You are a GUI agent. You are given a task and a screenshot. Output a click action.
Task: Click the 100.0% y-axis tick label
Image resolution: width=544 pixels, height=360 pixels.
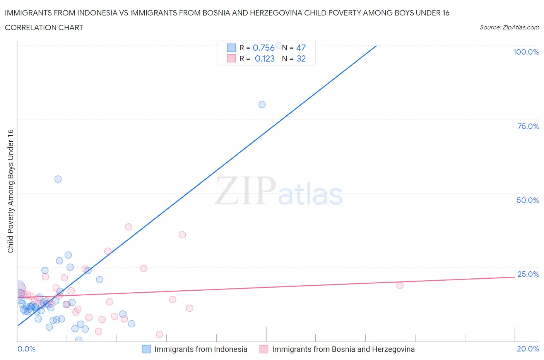(526, 52)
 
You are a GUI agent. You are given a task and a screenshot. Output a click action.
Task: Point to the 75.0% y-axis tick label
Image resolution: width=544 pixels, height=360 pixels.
(528, 126)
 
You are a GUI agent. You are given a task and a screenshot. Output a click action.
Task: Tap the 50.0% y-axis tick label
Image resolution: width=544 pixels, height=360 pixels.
(528, 200)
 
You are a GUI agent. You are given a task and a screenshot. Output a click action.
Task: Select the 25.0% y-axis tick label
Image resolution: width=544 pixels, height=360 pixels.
(528, 274)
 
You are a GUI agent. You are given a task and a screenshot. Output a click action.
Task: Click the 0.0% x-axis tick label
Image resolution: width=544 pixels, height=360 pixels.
(26, 349)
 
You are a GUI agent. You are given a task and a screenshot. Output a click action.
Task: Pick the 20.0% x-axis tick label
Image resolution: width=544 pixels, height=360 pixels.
(528, 349)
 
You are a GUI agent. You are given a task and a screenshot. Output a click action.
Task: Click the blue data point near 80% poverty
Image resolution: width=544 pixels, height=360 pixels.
(262, 105)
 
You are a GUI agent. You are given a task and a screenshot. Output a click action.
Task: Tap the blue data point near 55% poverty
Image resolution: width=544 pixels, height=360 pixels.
(58, 179)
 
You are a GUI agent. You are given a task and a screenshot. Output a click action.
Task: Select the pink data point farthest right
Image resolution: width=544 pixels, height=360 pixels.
(400, 285)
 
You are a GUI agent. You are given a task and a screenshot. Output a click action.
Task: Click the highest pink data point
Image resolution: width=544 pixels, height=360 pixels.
(128, 227)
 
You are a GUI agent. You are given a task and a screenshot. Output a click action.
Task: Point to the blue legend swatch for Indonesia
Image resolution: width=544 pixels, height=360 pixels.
(146, 349)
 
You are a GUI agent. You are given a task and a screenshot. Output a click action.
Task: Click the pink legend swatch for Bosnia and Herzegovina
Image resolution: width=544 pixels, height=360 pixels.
(264, 349)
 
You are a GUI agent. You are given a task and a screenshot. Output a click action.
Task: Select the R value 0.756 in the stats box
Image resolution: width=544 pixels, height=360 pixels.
(263, 48)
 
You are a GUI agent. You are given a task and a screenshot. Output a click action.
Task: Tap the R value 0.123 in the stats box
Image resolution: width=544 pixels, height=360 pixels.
(265, 58)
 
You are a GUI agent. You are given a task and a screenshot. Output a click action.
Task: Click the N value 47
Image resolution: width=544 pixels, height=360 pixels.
(301, 48)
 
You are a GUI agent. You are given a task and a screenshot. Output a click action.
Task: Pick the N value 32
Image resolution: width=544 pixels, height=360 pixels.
(301, 58)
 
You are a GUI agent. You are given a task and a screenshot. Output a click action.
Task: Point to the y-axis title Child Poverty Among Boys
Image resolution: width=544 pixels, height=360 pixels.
(10, 191)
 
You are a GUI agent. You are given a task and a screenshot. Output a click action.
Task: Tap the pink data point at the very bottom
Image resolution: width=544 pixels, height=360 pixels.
(159, 334)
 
